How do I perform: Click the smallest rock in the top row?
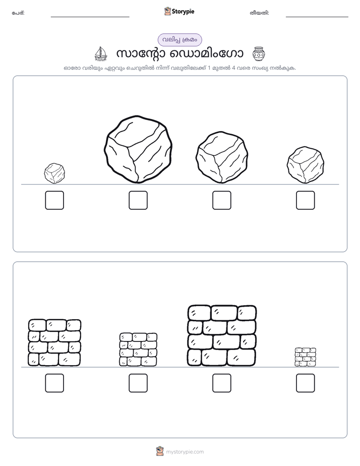(x=54, y=173)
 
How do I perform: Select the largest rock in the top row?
(x=138, y=149)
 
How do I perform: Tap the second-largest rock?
(x=222, y=157)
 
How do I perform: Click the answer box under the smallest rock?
(x=54, y=200)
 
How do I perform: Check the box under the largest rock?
(x=138, y=200)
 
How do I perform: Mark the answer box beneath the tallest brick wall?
(x=222, y=383)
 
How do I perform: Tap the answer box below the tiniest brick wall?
(x=306, y=383)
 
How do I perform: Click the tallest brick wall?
(x=222, y=335)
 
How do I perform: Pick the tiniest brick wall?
(x=306, y=357)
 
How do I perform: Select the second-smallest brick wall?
(x=138, y=349)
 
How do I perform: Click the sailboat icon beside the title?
(x=101, y=54)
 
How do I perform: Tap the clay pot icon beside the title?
(x=259, y=54)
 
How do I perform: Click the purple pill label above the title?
(x=179, y=40)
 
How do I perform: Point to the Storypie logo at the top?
(x=179, y=11)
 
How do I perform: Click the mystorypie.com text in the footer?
(x=185, y=452)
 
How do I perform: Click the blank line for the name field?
(x=90, y=17)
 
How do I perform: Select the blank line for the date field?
(x=317, y=17)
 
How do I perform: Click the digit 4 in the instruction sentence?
(x=234, y=68)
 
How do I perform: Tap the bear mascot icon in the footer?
(x=160, y=451)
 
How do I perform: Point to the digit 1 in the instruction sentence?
(x=209, y=68)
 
